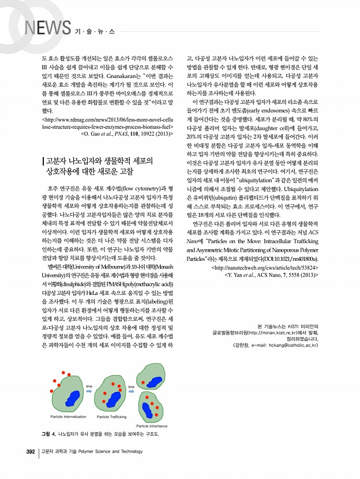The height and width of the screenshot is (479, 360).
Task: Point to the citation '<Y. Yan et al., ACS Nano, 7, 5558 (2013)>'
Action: click(x=271, y=276)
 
